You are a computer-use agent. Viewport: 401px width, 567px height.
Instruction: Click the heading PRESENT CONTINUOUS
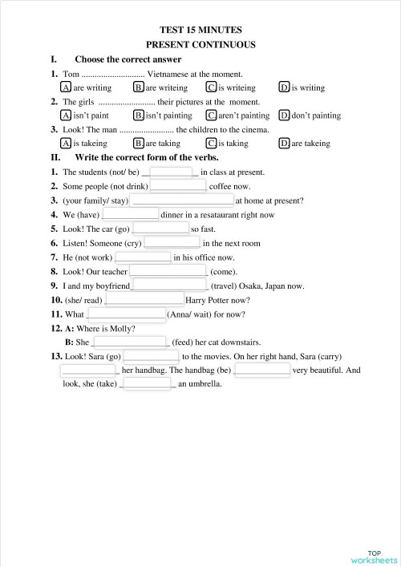[x=200, y=45]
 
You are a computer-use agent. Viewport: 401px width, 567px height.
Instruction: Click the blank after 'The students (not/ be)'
[x=171, y=172]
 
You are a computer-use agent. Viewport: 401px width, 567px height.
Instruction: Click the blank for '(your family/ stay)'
[x=182, y=200]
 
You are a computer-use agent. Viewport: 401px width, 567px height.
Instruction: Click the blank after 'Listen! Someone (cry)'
[x=172, y=243]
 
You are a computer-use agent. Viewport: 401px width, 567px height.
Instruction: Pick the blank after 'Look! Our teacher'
[x=168, y=272]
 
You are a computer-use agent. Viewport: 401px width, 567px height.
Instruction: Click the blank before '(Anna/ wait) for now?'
[x=126, y=314]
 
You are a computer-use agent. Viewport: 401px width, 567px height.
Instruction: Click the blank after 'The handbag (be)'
[x=261, y=371]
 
